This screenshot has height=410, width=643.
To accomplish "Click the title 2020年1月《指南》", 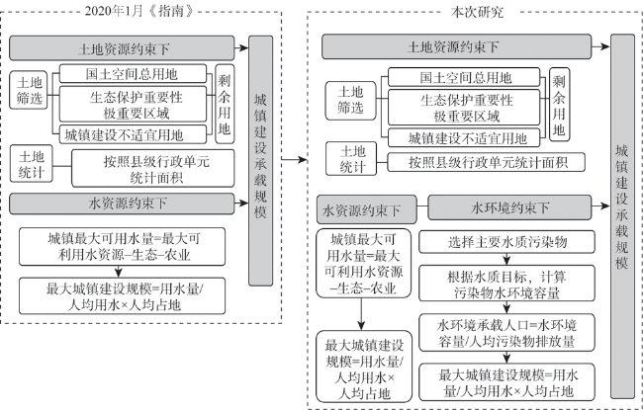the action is coord(138,11).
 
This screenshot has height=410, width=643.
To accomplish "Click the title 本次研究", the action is coord(477,12).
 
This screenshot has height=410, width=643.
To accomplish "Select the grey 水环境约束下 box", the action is coord(509,207).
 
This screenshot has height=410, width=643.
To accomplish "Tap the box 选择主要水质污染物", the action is coord(506,242).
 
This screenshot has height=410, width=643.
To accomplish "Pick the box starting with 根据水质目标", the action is coord(506,284).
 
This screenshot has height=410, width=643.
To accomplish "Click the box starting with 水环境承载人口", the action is coord(506,333).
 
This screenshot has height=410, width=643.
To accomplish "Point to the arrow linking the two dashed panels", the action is coord(295,159).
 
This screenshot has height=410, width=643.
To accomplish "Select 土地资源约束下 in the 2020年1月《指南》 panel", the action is coord(122,48).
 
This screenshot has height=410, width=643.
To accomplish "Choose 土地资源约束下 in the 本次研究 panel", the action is coord(456,46).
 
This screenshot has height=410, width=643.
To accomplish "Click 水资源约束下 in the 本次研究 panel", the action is coord(367,209).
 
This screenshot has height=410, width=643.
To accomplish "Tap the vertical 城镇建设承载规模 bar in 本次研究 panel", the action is coord(622,216).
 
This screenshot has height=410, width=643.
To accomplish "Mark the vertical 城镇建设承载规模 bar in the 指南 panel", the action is coord(261,161).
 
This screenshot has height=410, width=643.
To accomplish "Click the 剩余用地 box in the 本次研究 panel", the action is coord(559,105).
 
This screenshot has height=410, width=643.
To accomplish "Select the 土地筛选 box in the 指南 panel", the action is coord(29,90).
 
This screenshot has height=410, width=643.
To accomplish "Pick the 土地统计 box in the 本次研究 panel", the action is coord(351,158).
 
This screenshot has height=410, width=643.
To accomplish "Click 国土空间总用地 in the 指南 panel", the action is coord(133,74).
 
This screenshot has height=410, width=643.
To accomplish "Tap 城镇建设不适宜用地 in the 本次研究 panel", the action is coord(464,138).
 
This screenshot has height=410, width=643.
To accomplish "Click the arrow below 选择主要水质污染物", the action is coord(506,259).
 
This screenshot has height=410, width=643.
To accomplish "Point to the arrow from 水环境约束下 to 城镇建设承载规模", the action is coord(601,206).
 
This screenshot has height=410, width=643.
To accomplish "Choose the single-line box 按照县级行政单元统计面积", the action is coord(487,162).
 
